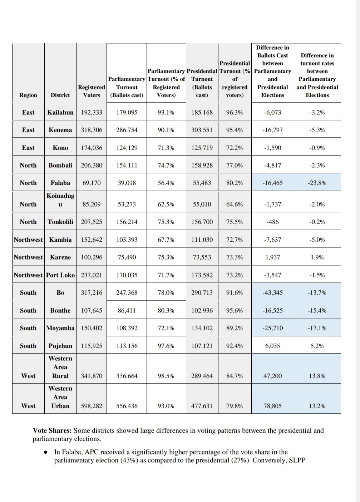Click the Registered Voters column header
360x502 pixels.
click(x=92, y=91)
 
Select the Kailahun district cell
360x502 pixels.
click(x=60, y=112)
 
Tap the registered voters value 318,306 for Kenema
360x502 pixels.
click(x=92, y=130)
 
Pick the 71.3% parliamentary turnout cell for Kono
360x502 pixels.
click(x=166, y=148)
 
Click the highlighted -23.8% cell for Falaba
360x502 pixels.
click(x=317, y=183)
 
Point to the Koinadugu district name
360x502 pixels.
click(x=60, y=200)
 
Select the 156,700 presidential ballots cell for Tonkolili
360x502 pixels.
click(x=202, y=222)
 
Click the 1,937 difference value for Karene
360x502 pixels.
click(x=272, y=257)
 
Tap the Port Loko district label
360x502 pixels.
click(x=60, y=275)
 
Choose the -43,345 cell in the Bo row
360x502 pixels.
click(x=272, y=292)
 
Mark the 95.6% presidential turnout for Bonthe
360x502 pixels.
click(x=234, y=310)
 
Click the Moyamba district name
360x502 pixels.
click(x=60, y=328)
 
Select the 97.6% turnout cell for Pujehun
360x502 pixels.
click(x=166, y=346)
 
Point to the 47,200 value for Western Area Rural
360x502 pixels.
click(x=272, y=376)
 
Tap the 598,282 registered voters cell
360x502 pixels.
click(x=92, y=406)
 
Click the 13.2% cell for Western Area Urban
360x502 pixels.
click(x=317, y=406)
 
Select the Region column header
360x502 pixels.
click(x=28, y=95)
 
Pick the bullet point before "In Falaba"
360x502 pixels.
click(x=46, y=452)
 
